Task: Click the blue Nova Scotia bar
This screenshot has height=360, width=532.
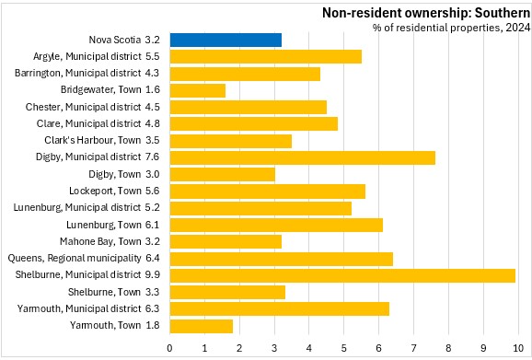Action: click(x=226, y=40)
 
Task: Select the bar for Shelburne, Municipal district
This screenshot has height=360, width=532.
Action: click(x=342, y=275)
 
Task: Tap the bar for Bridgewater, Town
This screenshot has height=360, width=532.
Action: click(x=198, y=90)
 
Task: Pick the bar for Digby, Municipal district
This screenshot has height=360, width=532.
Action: click(x=303, y=157)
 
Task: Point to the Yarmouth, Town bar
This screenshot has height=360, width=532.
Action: click(x=202, y=326)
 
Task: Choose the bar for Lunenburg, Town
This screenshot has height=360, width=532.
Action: click(x=276, y=225)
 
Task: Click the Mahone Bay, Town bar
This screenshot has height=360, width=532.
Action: click(x=226, y=241)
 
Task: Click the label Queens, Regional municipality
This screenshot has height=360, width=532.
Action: click(x=75, y=258)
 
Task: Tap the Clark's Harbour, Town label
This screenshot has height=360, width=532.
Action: click(x=92, y=140)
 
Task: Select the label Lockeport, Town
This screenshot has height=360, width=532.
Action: click(x=105, y=191)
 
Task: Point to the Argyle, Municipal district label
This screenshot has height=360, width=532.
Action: click(x=87, y=56)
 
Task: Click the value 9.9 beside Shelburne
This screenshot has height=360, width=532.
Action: click(x=153, y=274)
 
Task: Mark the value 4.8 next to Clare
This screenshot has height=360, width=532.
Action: click(x=153, y=123)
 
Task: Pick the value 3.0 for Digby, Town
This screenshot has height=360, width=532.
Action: click(x=153, y=174)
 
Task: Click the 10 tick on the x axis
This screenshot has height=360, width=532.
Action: click(x=518, y=348)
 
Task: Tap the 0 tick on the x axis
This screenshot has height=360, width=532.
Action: click(x=169, y=348)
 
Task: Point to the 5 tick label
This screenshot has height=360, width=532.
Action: click(x=343, y=348)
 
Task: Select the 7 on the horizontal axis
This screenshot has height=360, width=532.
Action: click(x=413, y=348)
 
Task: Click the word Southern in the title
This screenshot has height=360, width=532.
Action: click(x=503, y=13)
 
